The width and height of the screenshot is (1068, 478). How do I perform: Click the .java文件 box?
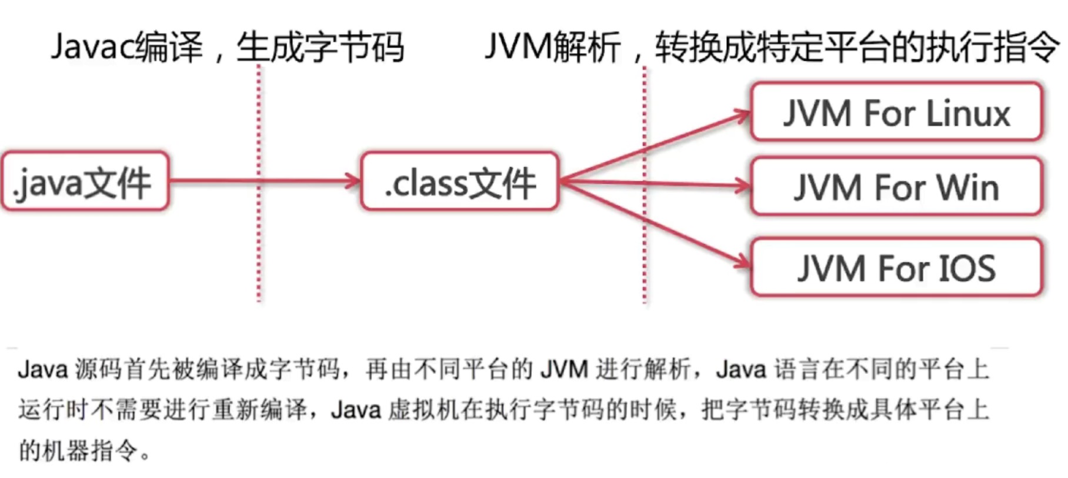(85, 181)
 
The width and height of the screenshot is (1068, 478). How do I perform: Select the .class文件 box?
(459, 181)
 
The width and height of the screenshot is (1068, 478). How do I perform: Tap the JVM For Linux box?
(896, 112)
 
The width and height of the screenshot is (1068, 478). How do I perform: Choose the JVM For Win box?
(896, 187)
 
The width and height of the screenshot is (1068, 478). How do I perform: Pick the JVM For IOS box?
(896, 267)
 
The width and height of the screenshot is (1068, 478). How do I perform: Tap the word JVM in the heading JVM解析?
(518, 47)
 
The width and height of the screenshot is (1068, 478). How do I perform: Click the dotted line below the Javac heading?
(259, 247)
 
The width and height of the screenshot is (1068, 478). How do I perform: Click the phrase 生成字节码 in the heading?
(320, 47)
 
